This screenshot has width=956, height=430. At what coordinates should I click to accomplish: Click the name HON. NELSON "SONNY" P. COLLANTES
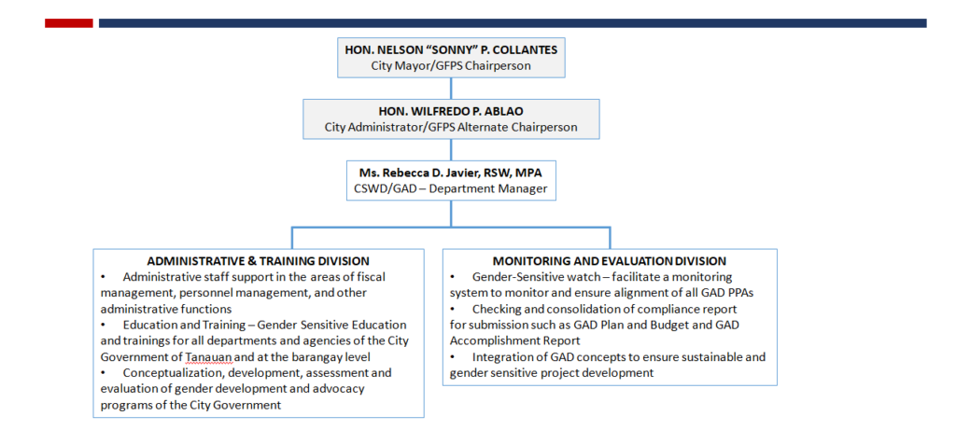(451, 50)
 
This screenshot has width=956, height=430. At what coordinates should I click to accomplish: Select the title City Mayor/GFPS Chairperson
(451, 66)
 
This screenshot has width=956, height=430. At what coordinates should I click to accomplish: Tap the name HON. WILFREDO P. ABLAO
(451, 112)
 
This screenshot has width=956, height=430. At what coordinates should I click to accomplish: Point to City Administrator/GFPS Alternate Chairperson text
(451, 127)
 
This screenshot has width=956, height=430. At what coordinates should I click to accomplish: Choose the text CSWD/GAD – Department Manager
(451, 188)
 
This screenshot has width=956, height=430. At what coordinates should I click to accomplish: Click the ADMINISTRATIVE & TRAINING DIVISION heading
(259, 261)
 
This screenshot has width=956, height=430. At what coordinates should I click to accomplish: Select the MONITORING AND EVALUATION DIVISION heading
(610, 261)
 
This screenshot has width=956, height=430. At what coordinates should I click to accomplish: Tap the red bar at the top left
(69, 23)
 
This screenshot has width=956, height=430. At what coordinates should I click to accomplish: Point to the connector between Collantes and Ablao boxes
(451, 89)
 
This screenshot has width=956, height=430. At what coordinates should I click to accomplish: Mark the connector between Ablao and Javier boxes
(451, 150)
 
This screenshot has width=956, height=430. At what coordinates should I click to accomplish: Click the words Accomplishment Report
(514, 341)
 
